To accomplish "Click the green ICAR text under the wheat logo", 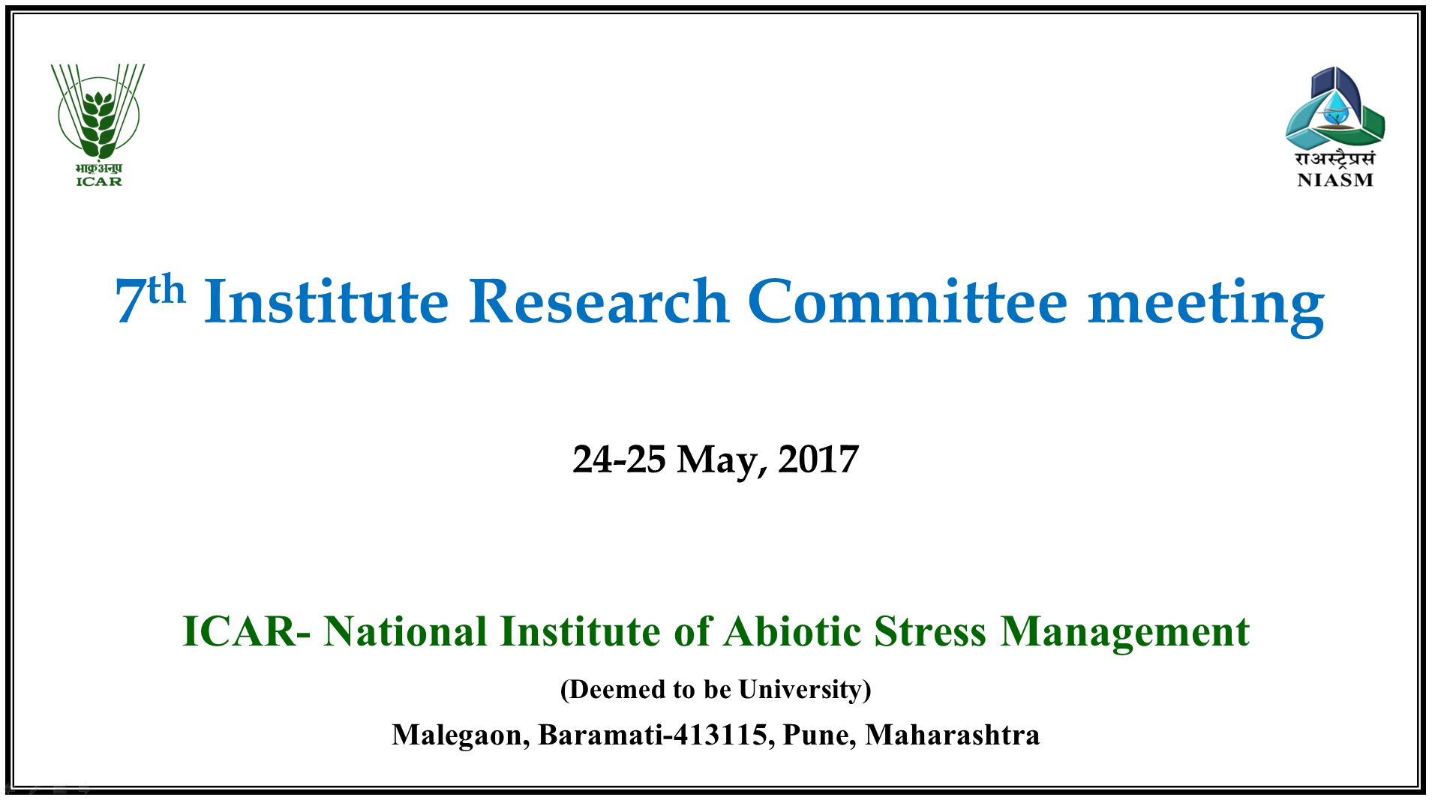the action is [99, 181].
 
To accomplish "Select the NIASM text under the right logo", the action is [1335, 180].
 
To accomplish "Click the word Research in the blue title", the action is [599, 302].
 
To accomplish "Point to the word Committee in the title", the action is [908, 302].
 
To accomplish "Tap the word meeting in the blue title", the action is [1205, 306].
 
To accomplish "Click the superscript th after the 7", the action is [167, 289].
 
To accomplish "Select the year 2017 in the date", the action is [818, 460].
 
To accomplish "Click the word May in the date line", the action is [722, 461].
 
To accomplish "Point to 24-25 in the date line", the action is [619, 460].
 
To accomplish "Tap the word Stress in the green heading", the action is [930, 631].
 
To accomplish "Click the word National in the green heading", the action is [405, 631].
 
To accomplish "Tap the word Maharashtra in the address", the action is [953, 735].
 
